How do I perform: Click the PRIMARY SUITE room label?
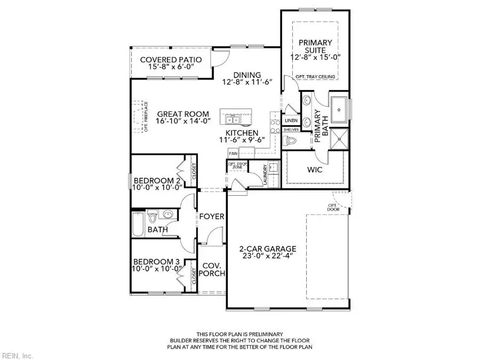[315, 46]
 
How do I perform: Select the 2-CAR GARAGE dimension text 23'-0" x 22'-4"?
[260, 255]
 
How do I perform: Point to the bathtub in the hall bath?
[138, 224]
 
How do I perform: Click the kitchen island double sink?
[232, 118]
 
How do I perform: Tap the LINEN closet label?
[291, 121]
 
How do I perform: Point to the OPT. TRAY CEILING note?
[315, 77]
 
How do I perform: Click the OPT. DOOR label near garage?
[333, 207]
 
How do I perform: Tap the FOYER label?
[212, 217]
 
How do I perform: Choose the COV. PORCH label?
[212, 269]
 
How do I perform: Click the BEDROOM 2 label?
[157, 180]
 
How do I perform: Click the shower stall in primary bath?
[339, 139]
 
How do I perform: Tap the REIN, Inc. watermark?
[18, 355]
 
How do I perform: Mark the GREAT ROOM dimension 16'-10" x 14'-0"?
[182, 122]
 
